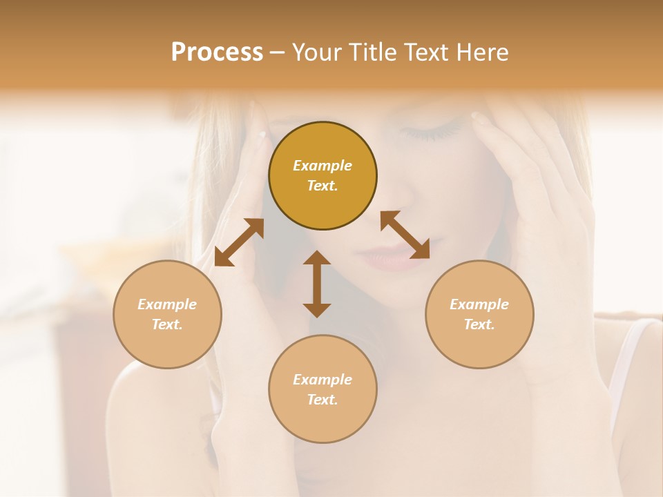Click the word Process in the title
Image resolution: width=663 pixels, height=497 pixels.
click(217, 52)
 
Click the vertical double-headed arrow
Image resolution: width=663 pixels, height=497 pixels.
click(317, 284)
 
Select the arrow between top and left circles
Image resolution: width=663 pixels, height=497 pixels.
click(239, 242)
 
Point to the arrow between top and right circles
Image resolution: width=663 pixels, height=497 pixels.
click(405, 235)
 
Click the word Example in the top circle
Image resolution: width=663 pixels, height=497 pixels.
click(323, 166)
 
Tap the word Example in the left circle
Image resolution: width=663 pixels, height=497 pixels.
click(167, 304)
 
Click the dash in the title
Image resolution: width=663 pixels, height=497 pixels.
click(278, 52)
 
